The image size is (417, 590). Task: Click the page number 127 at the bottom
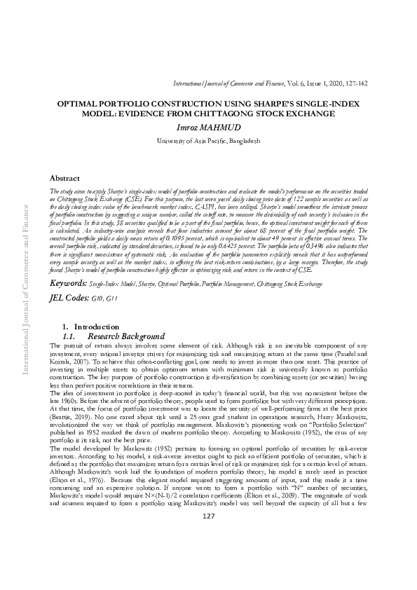tap(208, 555)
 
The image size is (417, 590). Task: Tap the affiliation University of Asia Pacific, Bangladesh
tap(208, 141)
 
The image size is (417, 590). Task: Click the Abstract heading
tap(69, 179)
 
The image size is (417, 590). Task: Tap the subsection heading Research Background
tap(126, 336)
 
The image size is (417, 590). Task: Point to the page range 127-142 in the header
tap(355, 83)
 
